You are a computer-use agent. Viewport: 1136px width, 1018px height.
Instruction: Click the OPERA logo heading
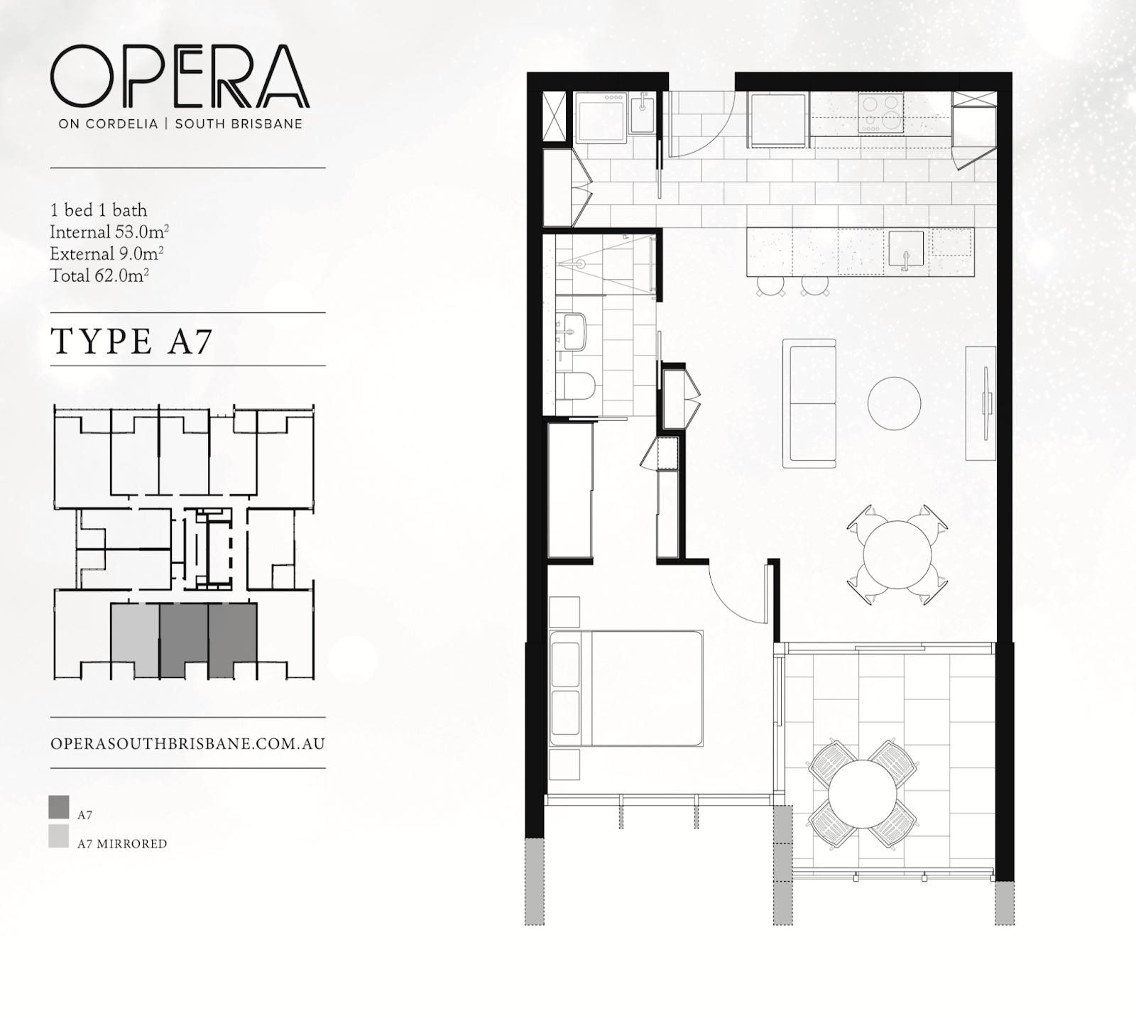(180, 76)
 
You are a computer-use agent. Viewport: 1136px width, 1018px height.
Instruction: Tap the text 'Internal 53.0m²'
(109, 232)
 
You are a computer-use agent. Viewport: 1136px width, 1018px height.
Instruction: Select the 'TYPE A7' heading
(132, 341)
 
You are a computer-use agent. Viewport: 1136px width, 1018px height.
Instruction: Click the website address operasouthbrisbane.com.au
(188, 743)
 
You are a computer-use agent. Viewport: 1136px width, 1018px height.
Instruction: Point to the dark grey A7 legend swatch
(59, 807)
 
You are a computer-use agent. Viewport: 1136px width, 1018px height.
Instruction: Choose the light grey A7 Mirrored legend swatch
(59, 836)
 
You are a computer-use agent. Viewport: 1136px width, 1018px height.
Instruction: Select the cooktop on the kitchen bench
(880, 113)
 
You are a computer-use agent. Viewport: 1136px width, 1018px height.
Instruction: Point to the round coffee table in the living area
(895, 403)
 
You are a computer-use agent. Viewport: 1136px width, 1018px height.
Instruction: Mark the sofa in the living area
(809, 403)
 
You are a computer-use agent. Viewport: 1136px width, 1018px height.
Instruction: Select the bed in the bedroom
(626, 688)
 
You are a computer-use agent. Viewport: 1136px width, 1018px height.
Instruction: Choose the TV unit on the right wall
(981, 403)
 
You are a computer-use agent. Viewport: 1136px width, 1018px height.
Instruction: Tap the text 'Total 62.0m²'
(99, 275)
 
